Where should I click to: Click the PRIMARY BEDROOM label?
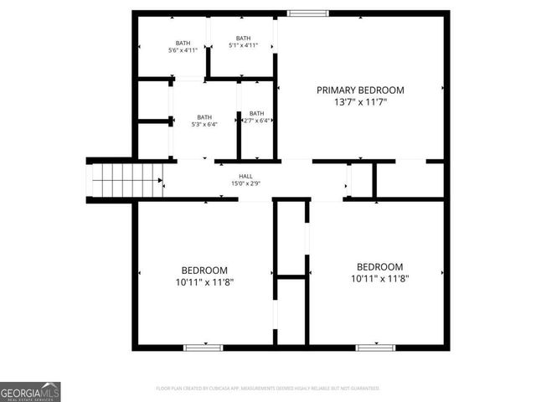(x=360, y=90)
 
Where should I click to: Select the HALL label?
(x=246, y=176)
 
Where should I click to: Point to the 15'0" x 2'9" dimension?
(x=246, y=183)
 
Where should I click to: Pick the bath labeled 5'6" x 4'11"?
(x=183, y=47)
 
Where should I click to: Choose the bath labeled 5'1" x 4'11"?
(x=243, y=42)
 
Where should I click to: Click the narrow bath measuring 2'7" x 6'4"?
(x=256, y=117)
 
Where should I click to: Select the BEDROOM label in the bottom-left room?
(x=204, y=270)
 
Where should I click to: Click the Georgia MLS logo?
(x=30, y=391)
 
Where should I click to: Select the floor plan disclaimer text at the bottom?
(x=268, y=389)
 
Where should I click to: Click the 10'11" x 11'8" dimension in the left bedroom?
(x=204, y=282)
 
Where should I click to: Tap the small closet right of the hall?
(x=361, y=179)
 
